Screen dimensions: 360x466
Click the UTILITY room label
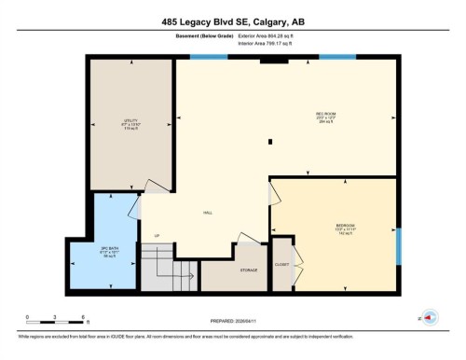pyautogui.click(x=131, y=120)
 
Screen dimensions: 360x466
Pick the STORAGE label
pyautogui.click(x=248, y=270)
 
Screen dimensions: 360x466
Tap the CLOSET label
pyautogui.click(x=281, y=265)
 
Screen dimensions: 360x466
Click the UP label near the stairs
pyautogui.click(x=157, y=235)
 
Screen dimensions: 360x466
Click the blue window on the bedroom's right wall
pyautogui.click(x=398, y=246)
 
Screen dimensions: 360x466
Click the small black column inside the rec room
pyautogui.click(x=270, y=143)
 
